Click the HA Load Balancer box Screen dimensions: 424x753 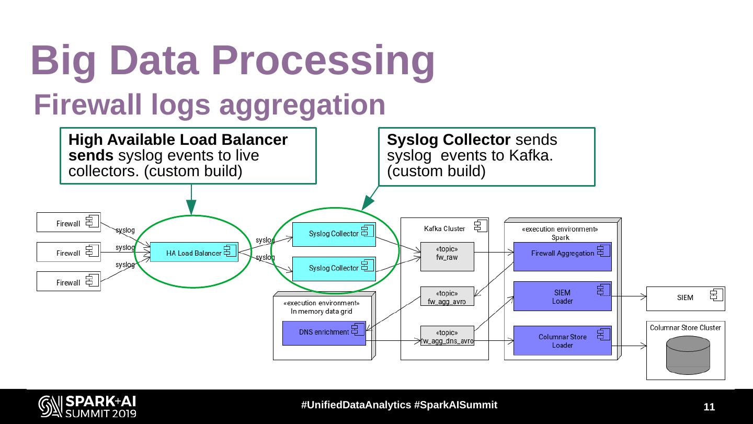(x=194, y=253)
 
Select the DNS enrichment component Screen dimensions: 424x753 (x=324, y=333)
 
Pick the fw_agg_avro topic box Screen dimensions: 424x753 (x=447, y=297)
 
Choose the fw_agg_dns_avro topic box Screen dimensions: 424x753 (x=447, y=336)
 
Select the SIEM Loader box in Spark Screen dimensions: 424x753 (x=562, y=296)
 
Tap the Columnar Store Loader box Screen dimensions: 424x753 (x=562, y=341)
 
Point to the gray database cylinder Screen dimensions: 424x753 (x=688, y=355)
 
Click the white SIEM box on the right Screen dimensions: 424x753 (x=685, y=299)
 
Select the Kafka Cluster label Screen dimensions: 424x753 (x=444, y=228)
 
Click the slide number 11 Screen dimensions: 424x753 (x=709, y=407)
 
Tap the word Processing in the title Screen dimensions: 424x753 (x=325, y=60)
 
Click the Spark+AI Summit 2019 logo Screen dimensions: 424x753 (x=87, y=406)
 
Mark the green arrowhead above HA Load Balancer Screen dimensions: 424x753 (x=191, y=208)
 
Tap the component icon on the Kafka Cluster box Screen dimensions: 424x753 (x=480, y=226)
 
